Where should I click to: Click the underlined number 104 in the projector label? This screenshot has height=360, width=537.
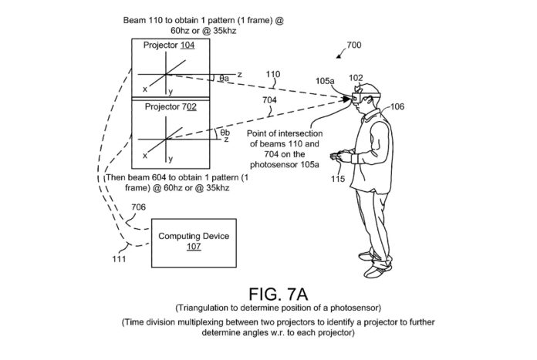pos(187,45)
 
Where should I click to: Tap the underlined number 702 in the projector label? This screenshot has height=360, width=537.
pos(189,107)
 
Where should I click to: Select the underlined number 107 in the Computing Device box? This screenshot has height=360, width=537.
pos(194,247)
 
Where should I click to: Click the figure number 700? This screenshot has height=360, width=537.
pos(354,45)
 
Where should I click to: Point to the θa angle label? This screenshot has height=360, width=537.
pos(224,79)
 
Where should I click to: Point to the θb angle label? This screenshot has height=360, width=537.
pos(225,133)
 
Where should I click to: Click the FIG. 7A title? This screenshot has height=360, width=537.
pos(278,294)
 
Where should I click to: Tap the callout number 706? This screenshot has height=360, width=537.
pos(138,207)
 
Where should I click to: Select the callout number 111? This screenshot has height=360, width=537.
pos(119,259)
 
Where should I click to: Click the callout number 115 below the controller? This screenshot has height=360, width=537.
pos(338,179)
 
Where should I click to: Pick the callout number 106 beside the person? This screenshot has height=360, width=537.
pos(397,107)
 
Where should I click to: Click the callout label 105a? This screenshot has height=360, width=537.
pos(325,81)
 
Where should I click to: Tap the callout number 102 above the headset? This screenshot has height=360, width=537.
pos(356,78)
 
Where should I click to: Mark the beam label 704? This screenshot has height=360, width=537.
pos(269,100)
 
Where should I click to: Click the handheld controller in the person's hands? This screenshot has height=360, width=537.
pos(336,156)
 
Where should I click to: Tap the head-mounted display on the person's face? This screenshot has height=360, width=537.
pos(365,97)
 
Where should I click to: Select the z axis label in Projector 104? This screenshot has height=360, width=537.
pos(240,74)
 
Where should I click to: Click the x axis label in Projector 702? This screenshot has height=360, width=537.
pos(145,156)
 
